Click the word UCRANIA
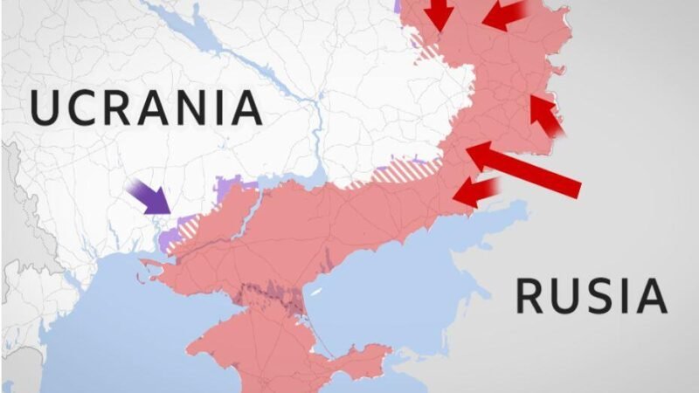[x=146, y=107]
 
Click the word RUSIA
[x=591, y=296]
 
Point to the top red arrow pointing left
[x=505, y=16]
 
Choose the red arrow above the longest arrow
[x=545, y=115]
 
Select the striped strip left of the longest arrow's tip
[x=402, y=170]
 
